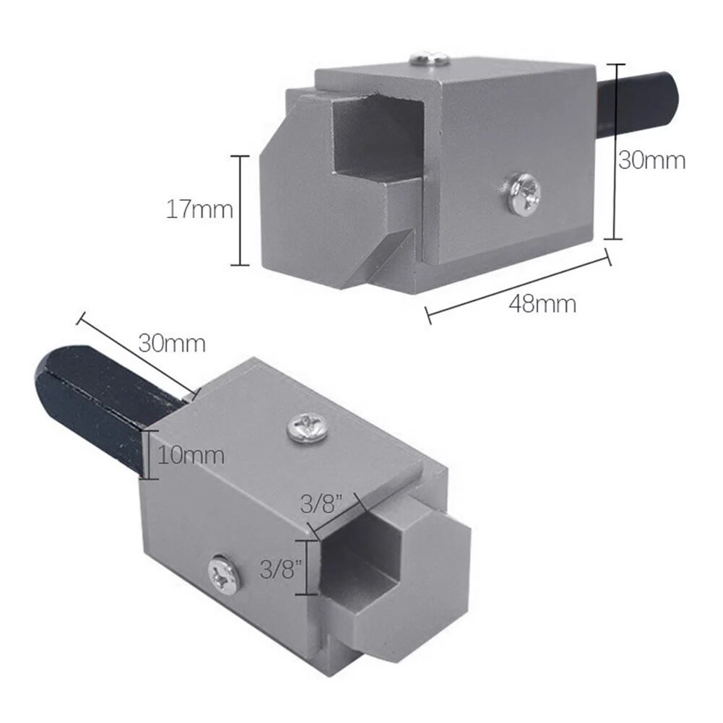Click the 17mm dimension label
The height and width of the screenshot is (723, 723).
click(x=199, y=210)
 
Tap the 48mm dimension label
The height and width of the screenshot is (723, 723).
click(x=542, y=303)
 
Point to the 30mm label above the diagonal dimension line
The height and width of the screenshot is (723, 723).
click(x=172, y=342)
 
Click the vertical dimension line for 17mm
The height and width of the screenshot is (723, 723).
click(x=240, y=210)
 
